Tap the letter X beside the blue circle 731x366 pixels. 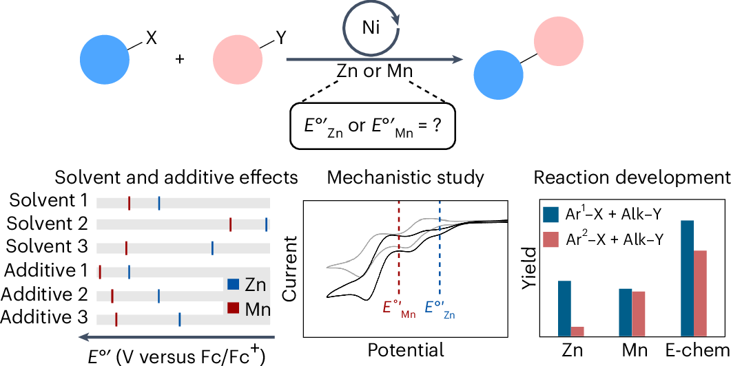(x=152, y=39)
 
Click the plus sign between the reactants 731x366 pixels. (x=181, y=59)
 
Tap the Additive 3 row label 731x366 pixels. (x=45, y=317)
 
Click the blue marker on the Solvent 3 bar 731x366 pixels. (x=212, y=248)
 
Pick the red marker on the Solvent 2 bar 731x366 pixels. (x=230, y=224)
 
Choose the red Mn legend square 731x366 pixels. (x=233, y=308)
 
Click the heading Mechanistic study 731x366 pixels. (x=405, y=177)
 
